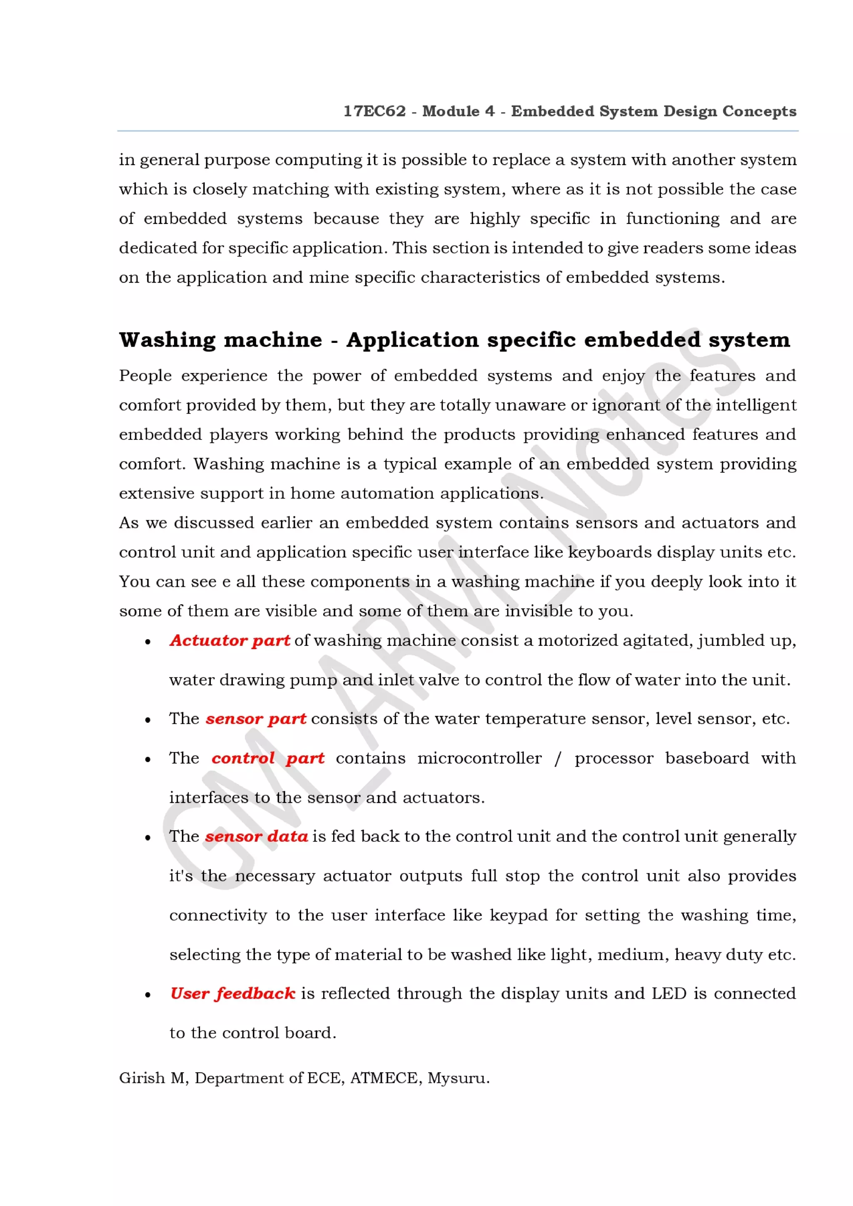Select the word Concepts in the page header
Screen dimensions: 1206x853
click(x=759, y=112)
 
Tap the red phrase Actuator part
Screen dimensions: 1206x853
click(x=229, y=640)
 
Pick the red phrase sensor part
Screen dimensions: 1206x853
click(x=255, y=719)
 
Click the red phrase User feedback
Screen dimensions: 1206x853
click(x=233, y=993)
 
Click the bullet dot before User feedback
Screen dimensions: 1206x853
click(x=148, y=995)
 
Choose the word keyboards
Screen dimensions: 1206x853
click(x=610, y=552)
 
